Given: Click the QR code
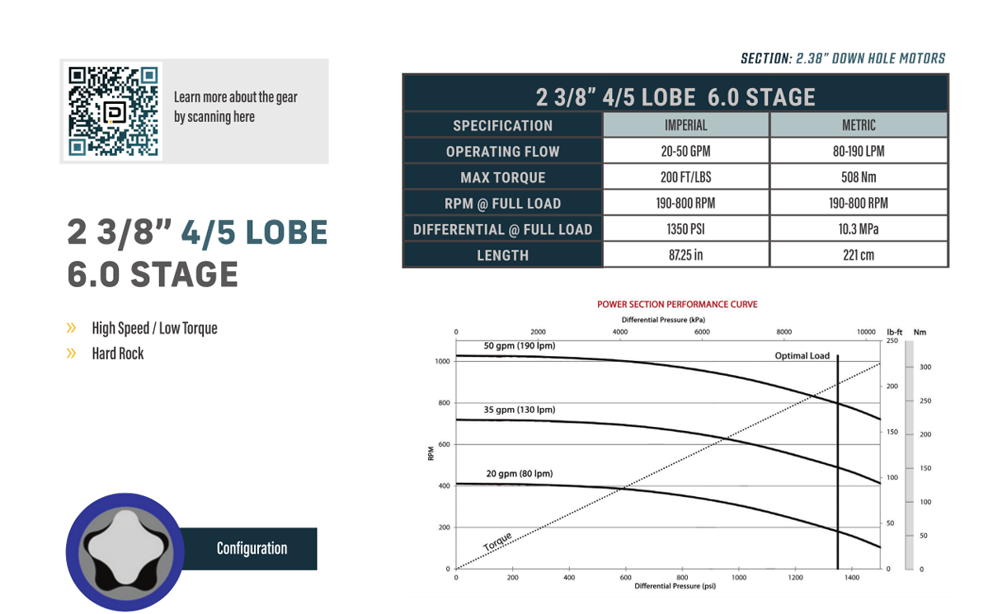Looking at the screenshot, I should coord(113,111).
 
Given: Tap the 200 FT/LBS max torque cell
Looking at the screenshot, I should coord(685,177).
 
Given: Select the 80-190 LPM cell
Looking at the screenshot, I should coord(858,152).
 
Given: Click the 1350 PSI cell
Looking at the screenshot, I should coord(685,229).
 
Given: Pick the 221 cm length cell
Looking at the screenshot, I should coord(858,255).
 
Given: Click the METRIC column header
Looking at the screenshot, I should coord(858,125).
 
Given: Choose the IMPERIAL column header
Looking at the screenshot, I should coord(685,125).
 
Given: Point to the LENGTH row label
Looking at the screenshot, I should coord(502,255).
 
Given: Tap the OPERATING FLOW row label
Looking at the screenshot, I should coord(502,152).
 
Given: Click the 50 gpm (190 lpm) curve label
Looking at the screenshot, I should coord(519,346).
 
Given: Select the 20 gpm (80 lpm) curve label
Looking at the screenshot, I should coord(519,474).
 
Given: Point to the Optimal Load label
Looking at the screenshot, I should coord(802,356).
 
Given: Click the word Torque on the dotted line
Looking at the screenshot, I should coord(497,542).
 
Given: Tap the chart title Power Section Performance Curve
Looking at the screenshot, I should coord(676,304).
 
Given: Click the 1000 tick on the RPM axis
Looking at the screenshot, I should coord(443,362).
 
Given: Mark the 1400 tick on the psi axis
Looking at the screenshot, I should coord(852,578).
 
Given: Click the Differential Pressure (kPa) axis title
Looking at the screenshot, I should coord(663,320).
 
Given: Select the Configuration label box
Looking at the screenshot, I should coord(252,549).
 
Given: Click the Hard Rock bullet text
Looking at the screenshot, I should coord(118,354).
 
